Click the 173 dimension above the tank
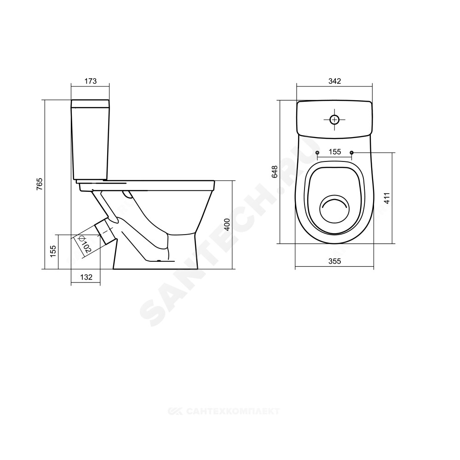click(91, 81)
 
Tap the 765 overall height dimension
click(40, 184)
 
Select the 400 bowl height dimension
click(227, 225)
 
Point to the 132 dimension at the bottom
click(86, 277)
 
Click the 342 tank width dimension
click(335, 81)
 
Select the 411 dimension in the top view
click(387, 198)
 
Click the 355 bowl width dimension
click(335, 261)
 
